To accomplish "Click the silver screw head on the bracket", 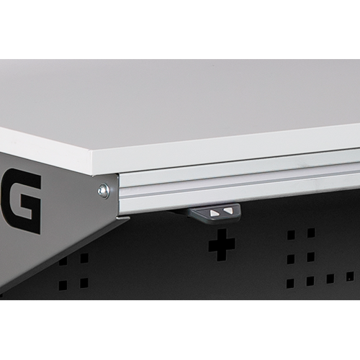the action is pos(103,191).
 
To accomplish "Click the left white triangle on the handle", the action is pos(214,212).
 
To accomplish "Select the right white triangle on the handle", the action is pos(228,211).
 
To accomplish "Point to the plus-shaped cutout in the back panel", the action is pos(222,245).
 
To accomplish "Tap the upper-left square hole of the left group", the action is pos(63,261).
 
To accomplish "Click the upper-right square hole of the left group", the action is pos(84,258).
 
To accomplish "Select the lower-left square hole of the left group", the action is pos(63,285).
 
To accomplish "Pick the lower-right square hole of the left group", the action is pos(84,283).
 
